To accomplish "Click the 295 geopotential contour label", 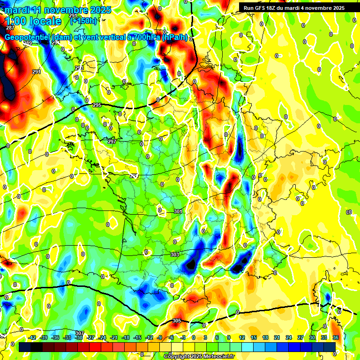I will coord(97,105).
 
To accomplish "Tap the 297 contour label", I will coord(112,142).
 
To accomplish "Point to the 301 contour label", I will coord(178,211).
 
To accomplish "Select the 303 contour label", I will coord(175,255).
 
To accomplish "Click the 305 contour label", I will coord(176,321).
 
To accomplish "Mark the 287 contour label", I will coord(10,28).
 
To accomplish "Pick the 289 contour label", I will coord(28,44).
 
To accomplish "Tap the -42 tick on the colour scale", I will coord(32,337).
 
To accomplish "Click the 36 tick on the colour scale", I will coord(336,337).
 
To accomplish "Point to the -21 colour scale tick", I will coord(114,337).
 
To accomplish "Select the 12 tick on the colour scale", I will coord(242,337).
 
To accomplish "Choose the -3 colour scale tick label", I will coord(183,337).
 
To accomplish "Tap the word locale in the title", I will coord(45,21).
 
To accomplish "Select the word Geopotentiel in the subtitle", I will coord(28,37).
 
